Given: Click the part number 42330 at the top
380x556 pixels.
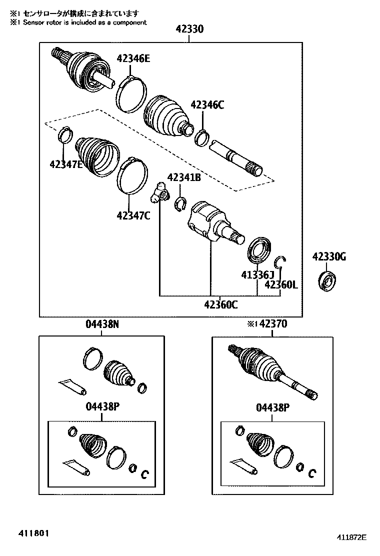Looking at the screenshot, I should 189,29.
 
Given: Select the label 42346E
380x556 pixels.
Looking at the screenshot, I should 133,58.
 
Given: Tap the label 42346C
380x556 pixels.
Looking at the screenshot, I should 207,105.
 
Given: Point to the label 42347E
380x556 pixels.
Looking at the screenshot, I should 66,163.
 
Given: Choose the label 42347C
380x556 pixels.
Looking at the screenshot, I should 133,215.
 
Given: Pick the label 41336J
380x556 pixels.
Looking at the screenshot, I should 258,274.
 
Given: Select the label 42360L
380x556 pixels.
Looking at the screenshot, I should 281,284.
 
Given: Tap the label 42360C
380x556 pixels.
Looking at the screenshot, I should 220,304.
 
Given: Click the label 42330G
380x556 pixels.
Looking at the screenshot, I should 329,257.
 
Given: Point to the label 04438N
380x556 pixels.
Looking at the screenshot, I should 102,324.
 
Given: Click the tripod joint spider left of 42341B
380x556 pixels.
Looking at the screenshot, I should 159,193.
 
